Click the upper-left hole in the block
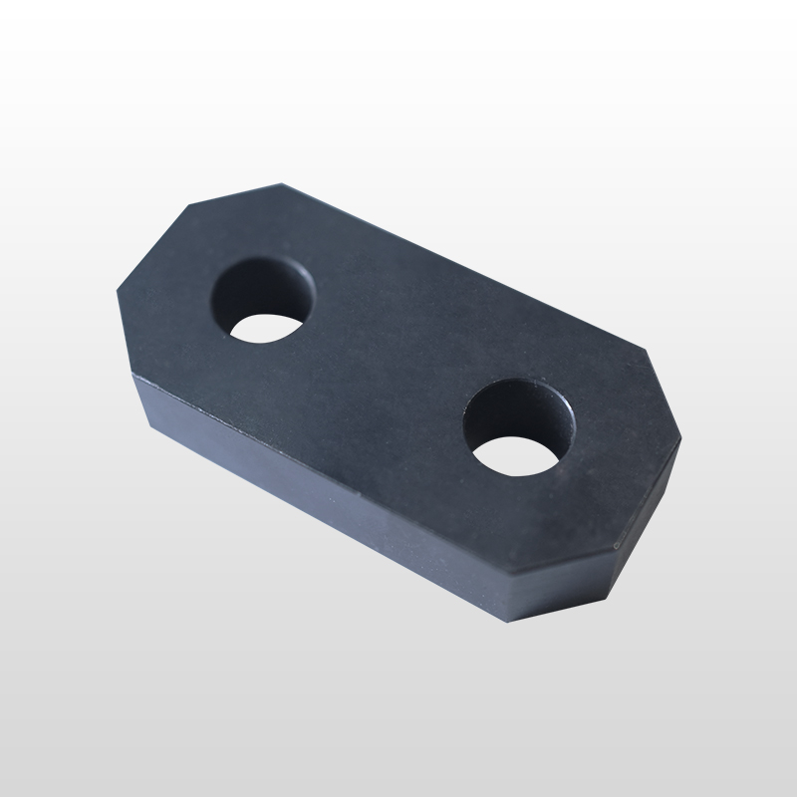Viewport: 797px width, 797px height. click(264, 298)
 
